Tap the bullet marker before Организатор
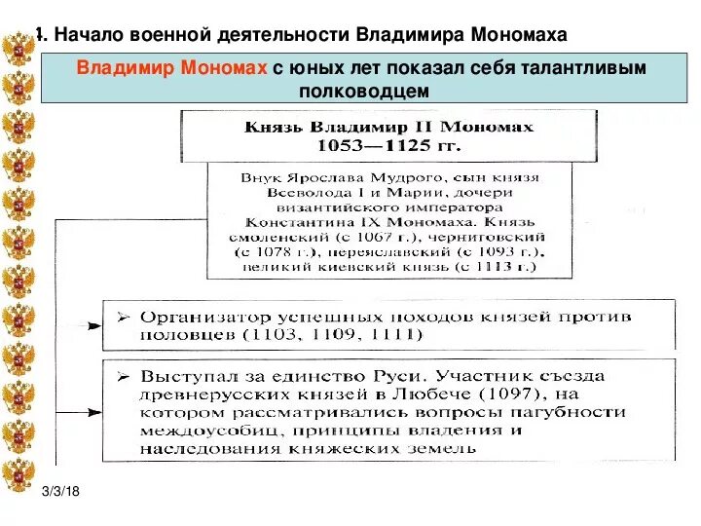(123, 318)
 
